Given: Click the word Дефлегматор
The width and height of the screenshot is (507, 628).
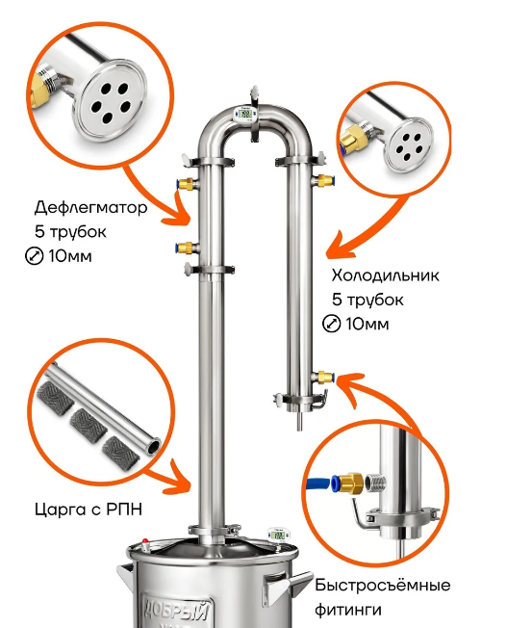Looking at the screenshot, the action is (x=90, y=207).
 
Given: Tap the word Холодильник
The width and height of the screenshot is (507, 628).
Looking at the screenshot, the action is (x=386, y=275).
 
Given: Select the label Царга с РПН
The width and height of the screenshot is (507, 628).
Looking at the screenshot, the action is (x=89, y=510).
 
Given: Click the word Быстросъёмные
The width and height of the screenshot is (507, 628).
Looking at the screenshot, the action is (x=382, y=586).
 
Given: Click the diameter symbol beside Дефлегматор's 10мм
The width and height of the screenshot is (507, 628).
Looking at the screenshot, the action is (x=34, y=256).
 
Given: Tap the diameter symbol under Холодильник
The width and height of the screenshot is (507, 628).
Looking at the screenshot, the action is (x=331, y=324).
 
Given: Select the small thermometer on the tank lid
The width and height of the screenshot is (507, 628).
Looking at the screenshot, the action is (x=277, y=535).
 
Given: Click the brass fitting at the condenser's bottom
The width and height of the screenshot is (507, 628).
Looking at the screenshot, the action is (x=323, y=378).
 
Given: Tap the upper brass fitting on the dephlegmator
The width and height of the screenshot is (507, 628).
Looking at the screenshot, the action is (x=186, y=184).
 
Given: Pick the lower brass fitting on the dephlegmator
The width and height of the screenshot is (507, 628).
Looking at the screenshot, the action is (x=186, y=248).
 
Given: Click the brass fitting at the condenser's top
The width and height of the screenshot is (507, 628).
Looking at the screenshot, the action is (x=324, y=180).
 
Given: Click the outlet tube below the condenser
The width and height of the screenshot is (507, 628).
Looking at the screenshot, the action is (x=299, y=421).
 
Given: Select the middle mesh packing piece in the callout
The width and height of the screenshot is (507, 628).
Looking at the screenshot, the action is (x=89, y=426).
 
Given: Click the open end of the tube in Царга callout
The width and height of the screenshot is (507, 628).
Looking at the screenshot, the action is (x=153, y=446).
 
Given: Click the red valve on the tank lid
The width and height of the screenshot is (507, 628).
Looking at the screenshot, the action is (x=145, y=545).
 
